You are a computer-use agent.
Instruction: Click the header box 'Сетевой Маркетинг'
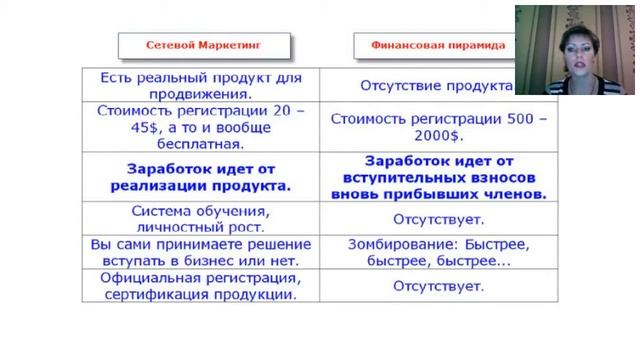point(204,46)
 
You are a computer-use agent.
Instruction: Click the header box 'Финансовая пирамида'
point(438,46)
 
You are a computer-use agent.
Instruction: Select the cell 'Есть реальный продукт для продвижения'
point(204,86)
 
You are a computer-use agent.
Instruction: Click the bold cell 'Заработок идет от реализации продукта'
point(204,177)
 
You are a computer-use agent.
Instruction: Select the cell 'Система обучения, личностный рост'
point(204,218)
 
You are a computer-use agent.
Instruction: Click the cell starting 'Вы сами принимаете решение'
point(204,251)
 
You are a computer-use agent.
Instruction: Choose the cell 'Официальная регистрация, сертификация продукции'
point(204,286)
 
